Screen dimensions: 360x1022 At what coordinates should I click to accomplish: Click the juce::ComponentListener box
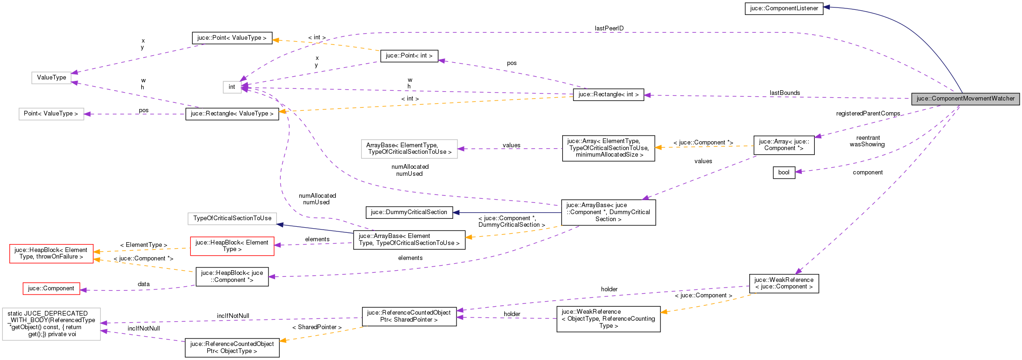coord(784,8)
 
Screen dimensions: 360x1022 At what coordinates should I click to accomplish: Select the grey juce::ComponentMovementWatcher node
coord(965,99)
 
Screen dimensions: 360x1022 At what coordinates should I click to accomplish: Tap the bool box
coord(784,173)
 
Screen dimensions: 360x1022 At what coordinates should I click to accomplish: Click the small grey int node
coord(232,87)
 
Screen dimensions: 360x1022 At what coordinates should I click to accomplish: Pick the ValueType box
coord(51,78)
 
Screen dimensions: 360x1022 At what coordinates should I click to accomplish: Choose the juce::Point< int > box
coord(409,56)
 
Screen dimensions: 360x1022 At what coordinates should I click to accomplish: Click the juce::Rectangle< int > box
coord(608,94)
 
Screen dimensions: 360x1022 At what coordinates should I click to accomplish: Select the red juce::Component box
coord(51,288)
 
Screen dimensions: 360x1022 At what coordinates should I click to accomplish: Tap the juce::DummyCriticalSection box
coord(409,212)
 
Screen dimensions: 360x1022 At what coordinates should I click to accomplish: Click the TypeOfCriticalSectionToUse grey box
coord(232,218)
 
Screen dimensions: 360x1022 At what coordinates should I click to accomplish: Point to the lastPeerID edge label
coord(609,29)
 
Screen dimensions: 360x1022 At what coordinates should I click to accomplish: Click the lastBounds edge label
coord(785,93)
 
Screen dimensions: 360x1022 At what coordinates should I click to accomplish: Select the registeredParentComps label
coord(868,114)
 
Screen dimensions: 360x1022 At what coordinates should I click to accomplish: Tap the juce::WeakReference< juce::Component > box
coord(784,283)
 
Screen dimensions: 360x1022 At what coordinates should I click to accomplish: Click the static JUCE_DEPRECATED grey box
coord(51,324)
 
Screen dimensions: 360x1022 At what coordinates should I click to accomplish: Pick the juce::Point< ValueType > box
coord(232,38)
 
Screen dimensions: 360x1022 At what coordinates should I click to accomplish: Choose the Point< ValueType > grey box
coord(51,114)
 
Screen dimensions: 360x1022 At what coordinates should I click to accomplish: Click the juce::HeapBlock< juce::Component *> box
coord(232,277)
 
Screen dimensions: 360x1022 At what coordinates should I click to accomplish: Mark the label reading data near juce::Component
coord(144,284)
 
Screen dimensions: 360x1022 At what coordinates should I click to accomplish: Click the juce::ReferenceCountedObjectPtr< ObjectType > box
coord(232,347)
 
